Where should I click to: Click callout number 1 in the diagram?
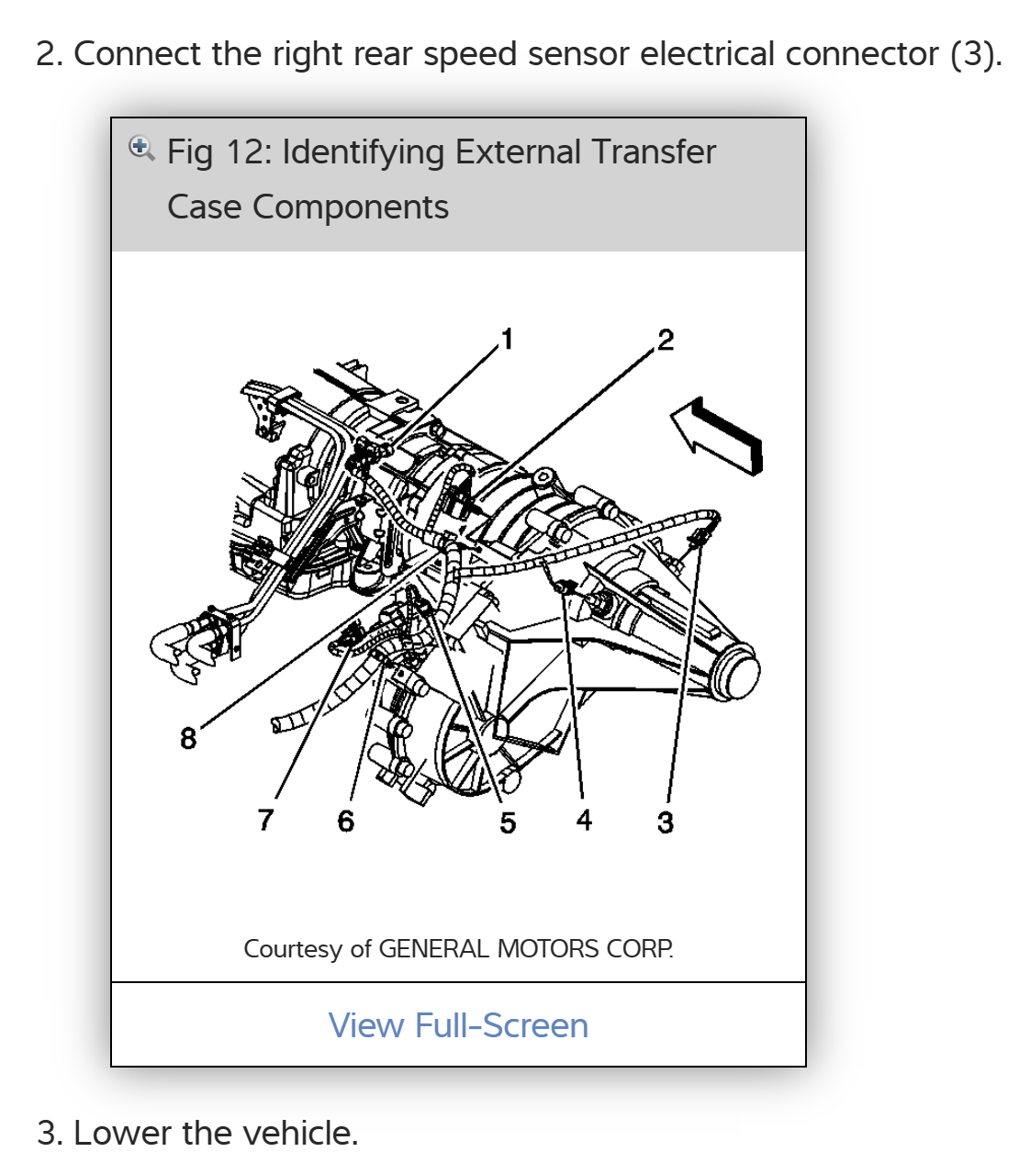pos(507,339)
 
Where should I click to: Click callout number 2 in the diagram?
pos(666,341)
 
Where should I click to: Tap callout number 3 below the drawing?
pos(666,822)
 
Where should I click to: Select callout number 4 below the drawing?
pos(584,820)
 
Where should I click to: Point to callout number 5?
pos(508,822)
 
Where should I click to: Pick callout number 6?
pos(345,821)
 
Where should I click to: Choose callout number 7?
pos(266,819)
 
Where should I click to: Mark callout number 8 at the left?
pos(188,738)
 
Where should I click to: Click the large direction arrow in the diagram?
pos(717,434)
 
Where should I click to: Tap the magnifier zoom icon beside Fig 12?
pos(140,148)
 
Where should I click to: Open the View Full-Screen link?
pos(458,1025)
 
